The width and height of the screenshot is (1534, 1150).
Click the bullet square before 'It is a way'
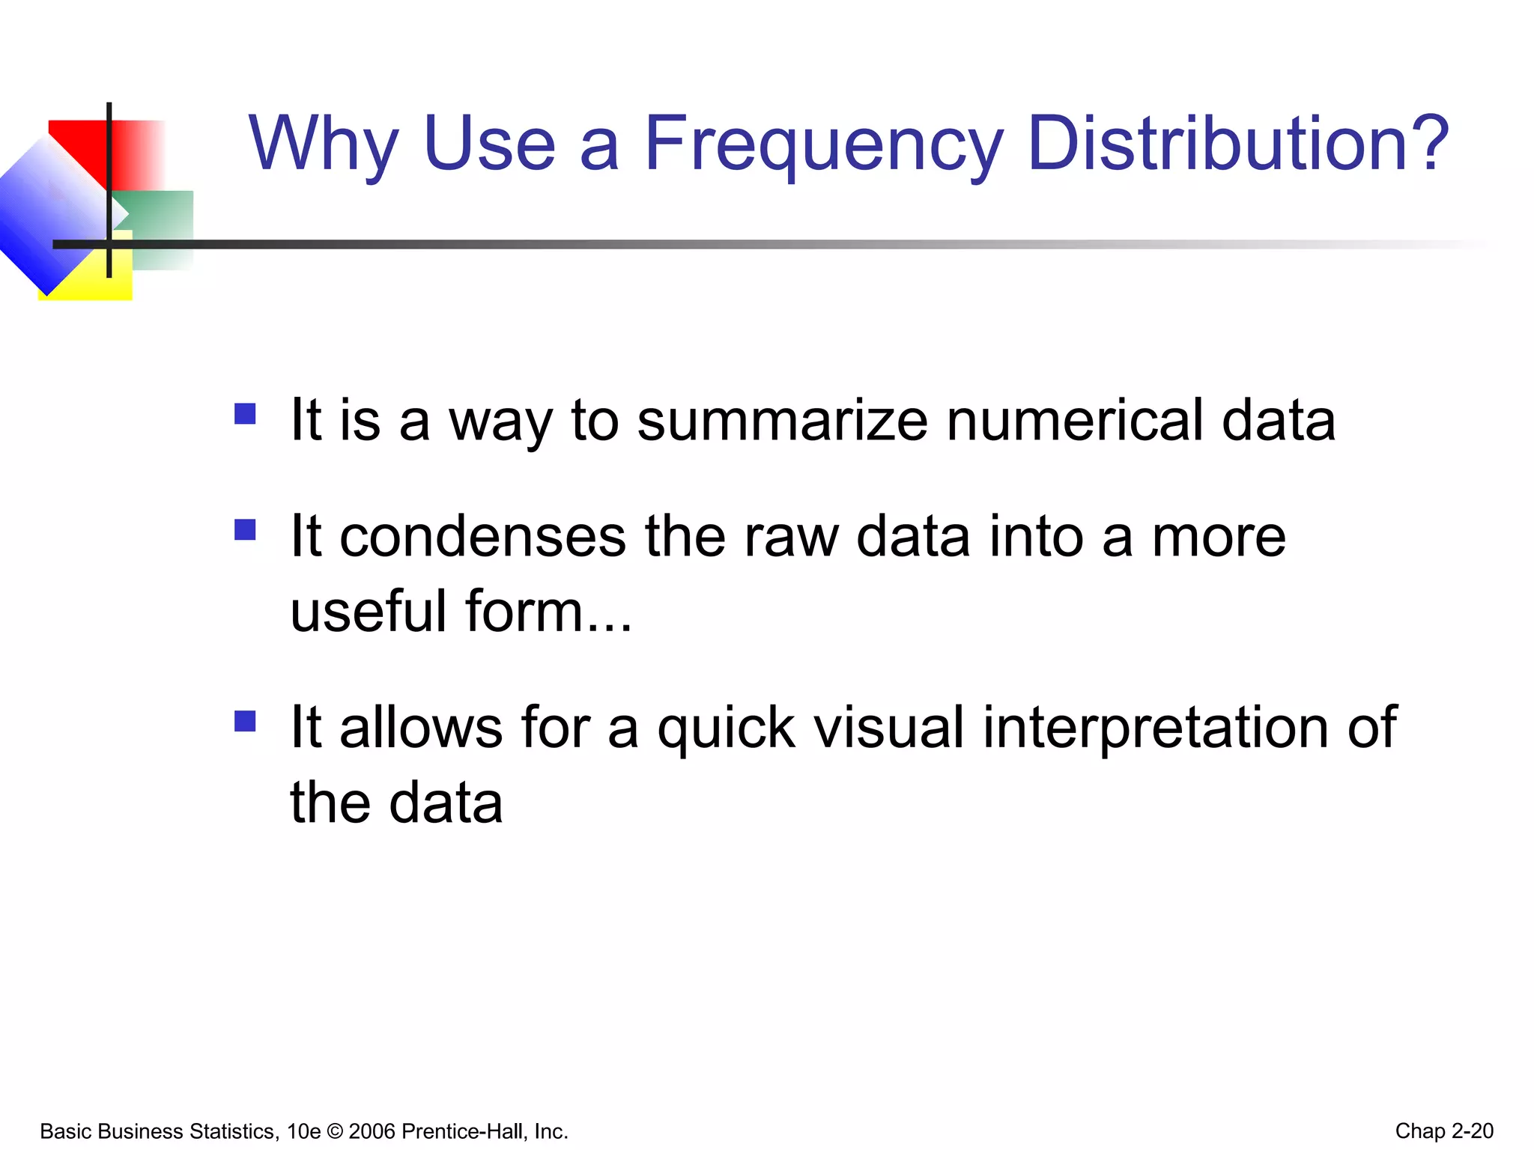pos(245,414)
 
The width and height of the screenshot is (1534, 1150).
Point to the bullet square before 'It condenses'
pos(245,529)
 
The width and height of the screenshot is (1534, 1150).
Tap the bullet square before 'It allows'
pos(245,721)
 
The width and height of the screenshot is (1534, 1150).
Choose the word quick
pos(726,728)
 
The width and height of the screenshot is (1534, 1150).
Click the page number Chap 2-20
pos(1443,1131)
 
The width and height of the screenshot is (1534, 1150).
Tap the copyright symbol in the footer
pos(334,1131)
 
